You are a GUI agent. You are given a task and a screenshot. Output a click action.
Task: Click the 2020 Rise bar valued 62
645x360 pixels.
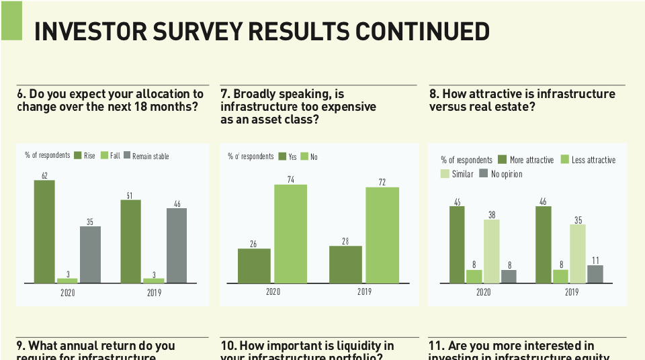44,231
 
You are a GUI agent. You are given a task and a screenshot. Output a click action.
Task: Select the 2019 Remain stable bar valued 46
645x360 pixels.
177,245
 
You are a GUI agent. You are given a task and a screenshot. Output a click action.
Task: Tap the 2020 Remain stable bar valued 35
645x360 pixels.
90,254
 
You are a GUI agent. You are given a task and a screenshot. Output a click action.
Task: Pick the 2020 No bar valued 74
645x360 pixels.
290,234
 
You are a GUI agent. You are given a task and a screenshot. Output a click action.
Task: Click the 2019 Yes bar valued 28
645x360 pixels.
345,264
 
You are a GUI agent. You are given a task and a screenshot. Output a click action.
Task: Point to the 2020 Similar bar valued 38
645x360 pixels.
492,251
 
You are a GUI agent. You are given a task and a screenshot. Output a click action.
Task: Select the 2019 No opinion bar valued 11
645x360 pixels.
595,274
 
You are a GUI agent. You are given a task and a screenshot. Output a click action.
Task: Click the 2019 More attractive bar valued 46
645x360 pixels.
544,244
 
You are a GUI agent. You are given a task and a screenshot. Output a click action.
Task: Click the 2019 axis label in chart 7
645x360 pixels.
364,292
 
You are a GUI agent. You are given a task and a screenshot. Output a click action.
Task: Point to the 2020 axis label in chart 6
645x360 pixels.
68,293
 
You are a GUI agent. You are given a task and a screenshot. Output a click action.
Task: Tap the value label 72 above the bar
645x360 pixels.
382,182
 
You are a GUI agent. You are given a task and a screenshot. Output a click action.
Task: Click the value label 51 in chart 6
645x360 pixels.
130,195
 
